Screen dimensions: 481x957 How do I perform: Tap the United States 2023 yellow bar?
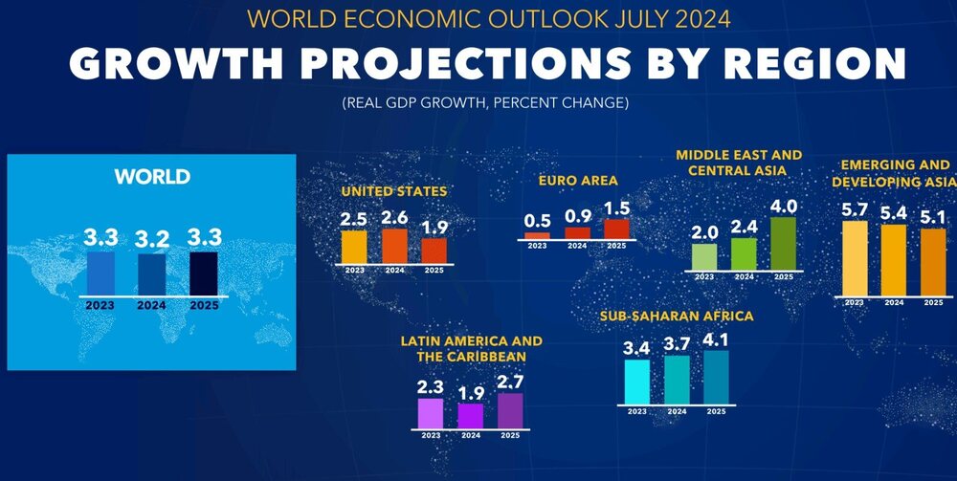coord(354,247)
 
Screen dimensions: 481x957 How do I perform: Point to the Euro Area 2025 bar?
coord(617,228)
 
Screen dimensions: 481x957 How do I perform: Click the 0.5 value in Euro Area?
coord(537,221)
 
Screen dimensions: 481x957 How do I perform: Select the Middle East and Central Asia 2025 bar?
coord(784,244)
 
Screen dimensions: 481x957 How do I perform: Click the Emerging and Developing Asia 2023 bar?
coord(855,259)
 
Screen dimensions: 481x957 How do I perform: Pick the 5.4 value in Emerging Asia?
coord(893,209)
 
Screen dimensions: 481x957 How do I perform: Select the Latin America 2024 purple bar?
coord(470,415)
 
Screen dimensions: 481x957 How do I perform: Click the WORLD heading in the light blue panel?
coord(152,177)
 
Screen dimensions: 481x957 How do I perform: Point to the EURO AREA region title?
coord(579,180)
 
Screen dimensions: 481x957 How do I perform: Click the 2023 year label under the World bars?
coord(100,307)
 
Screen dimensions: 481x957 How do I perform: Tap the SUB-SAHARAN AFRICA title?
coord(677,316)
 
